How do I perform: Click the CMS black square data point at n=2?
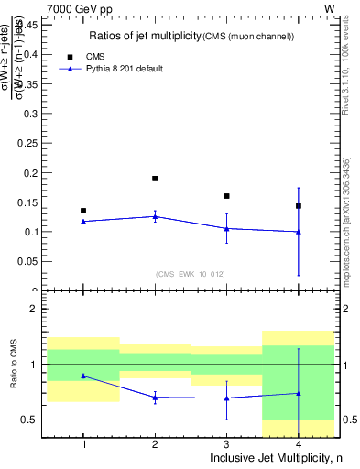point(155,179)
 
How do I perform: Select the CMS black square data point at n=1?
point(83,211)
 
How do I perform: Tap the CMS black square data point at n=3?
point(226,196)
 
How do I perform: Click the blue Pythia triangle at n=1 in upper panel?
point(83,221)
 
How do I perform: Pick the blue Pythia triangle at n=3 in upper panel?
point(226,228)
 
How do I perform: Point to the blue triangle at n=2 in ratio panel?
point(155,397)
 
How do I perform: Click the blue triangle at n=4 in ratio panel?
point(299,393)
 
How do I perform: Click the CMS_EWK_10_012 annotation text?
point(191,272)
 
